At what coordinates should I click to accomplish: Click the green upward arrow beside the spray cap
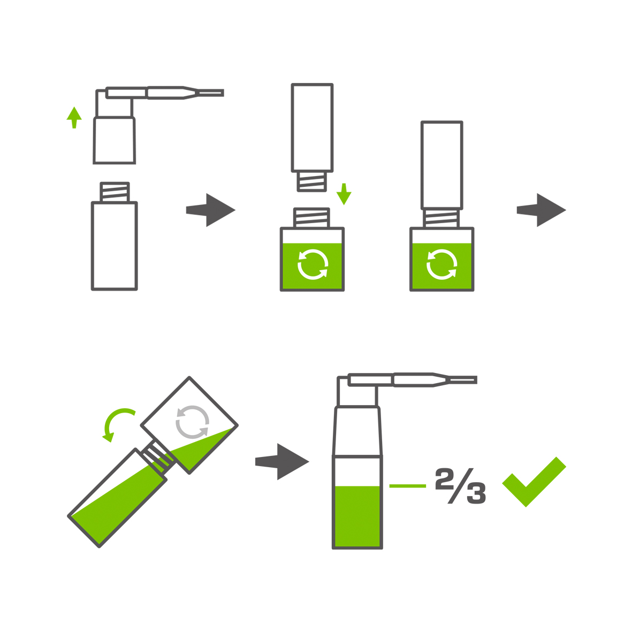pyautogui.click(x=74, y=117)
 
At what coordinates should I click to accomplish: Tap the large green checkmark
pyautogui.click(x=534, y=482)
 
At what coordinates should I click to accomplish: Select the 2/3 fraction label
pyautogui.click(x=461, y=486)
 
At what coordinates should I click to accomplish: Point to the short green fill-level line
pyautogui.click(x=407, y=486)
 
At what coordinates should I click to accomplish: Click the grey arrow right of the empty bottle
pyautogui.click(x=210, y=210)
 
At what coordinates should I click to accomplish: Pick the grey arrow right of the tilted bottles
pyautogui.click(x=281, y=461)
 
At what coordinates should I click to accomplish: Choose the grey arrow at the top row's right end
pyautogui.click(x=542, y=210)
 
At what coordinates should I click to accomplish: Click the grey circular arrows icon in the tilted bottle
pyautogui.click(x=192, y=422)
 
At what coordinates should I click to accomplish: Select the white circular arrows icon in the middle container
pyautogui.click(x=313, y=264)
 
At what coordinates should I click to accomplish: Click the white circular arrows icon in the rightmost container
pyautogui.click(x=441, y=264)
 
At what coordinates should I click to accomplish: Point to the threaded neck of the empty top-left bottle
pyautogui.click(x=115, y=192)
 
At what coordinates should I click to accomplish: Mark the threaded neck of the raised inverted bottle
pyautogui.click(x=311, y=181)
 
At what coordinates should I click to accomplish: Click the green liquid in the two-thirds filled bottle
pyautogui.click(x=357, y=516)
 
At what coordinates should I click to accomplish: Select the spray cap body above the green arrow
pyautogui.click(x=115, y=140)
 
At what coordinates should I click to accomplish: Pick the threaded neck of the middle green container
pyautogui.click(x=311, y=218)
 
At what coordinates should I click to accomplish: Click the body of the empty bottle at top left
pyautogui.click(x=115, y=246)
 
